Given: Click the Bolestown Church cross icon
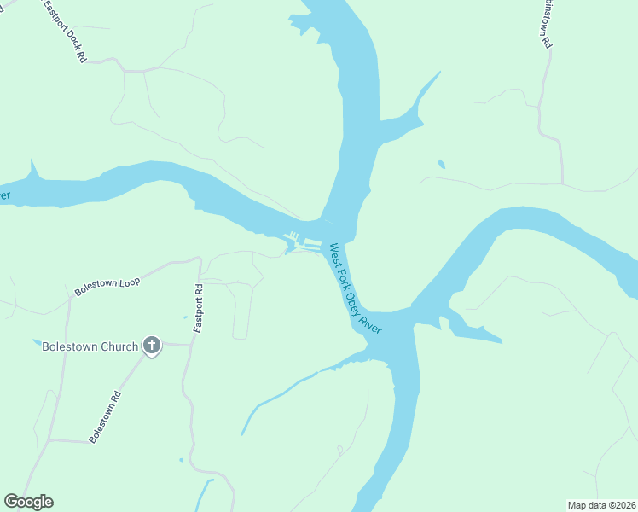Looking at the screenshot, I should [152, 346].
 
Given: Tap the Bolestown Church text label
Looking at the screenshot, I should [90, 346].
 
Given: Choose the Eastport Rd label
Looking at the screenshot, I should [198, 307].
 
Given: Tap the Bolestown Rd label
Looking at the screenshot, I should [106, 416].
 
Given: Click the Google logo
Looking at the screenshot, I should [28, 502].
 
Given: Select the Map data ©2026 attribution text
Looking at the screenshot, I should [600, 504].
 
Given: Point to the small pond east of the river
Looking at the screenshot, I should [440, 163].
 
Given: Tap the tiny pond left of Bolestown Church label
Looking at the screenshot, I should [36, 342].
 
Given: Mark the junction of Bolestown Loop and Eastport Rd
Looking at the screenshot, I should [200, 259].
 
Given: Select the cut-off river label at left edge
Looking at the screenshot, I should [4, 195].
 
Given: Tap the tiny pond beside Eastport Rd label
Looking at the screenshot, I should [184, 318].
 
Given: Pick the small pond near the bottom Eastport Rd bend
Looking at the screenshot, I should [181, 460].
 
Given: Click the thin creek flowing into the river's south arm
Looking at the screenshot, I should [281, 393].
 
